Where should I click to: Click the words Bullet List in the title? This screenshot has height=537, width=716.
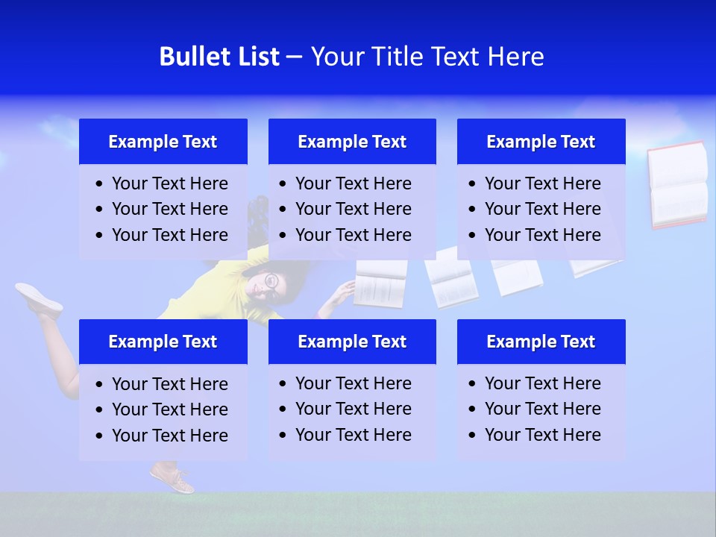[219, 57]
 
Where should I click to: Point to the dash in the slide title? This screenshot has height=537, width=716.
[294, 57]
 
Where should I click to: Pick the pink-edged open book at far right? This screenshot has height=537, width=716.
[677, 184]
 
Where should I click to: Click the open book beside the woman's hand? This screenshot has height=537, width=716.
[380, 283]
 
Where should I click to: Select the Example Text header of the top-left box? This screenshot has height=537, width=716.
[163, 142]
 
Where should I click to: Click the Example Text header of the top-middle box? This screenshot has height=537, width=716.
[352, 142]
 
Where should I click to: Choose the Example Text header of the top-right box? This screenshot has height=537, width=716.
[541, 142]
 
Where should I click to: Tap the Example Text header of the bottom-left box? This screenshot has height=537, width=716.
[163, 342]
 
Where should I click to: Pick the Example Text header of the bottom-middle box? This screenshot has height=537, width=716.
[352, 342]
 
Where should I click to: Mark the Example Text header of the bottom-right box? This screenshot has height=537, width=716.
[541, 342]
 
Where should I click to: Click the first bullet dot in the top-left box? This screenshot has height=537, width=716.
[100, 184]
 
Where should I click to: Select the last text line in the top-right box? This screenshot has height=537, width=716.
[542, 235]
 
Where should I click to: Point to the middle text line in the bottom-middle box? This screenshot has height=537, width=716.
[353, 409]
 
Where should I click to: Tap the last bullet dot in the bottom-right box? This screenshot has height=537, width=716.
[473, 436]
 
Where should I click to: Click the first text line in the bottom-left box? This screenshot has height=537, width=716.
[169, 384]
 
